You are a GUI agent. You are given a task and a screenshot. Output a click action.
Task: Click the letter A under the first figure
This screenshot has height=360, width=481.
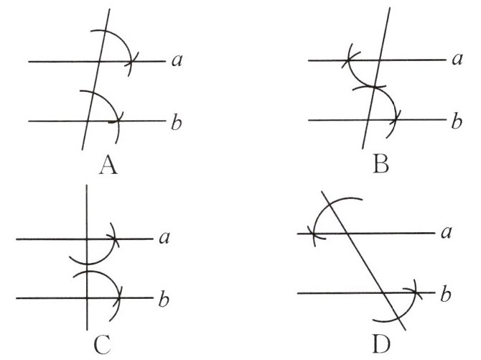pos(107,167)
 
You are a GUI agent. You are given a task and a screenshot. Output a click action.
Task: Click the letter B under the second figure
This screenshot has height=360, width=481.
pos(380,167)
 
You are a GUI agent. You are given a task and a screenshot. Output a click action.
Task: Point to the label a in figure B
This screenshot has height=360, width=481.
pos(455,60)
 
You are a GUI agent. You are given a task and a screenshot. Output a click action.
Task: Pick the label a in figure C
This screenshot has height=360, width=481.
pos(164,238)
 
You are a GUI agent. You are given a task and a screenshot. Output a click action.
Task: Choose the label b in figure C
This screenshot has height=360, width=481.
pos(164,297)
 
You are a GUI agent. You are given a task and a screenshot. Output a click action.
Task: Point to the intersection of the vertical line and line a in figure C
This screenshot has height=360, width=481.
pos(86,239)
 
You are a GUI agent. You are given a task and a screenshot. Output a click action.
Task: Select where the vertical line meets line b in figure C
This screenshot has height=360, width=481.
pos(86,297)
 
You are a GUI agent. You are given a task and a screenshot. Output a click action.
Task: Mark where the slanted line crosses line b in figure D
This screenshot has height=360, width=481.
pos(384,292)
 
